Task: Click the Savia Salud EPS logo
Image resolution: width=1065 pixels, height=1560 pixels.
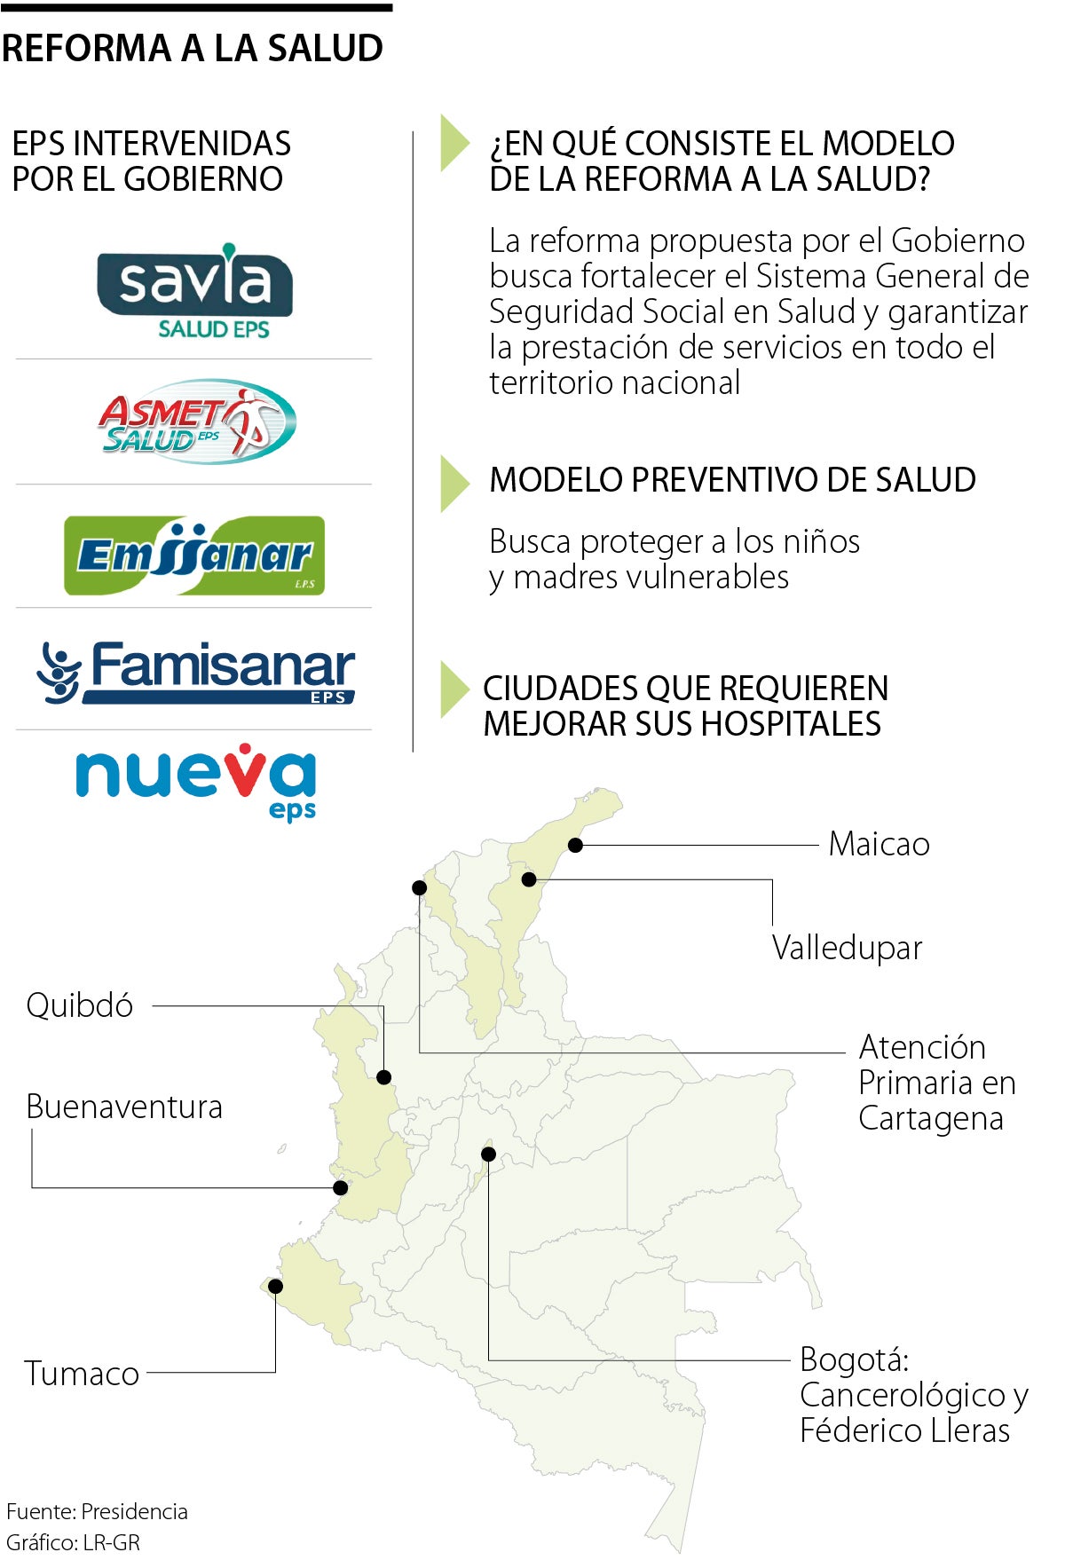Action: (x=195, y=290)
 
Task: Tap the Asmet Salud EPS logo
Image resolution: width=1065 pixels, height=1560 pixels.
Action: (x=196, y=422)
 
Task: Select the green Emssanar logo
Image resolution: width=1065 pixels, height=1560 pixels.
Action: (x=194, y=555)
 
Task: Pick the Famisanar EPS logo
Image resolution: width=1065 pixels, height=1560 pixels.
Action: (x=196, y=673)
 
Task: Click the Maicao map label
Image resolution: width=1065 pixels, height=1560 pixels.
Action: (x=879, y=844)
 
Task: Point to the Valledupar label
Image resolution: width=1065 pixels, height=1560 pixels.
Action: (x=847, y=948)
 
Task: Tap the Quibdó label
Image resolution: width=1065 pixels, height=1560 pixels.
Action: (x=80, y=1005)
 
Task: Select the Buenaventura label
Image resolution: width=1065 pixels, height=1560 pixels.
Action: (x=124, y=1107)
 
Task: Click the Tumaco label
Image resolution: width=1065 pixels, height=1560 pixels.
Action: (x=82, y=1374)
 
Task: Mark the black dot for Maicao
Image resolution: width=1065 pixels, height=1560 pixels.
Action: (x=575, y=845)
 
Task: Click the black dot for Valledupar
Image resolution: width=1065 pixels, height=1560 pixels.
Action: (x=529, y=879)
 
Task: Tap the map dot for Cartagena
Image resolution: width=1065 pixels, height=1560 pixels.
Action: (x=420, y=887)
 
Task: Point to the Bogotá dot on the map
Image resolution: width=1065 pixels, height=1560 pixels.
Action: (x=488, y=1154)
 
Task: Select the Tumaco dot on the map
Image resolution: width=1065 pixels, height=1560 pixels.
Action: (x=275, y=1286)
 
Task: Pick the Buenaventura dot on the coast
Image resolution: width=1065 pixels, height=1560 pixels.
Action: (x=340, y=1187)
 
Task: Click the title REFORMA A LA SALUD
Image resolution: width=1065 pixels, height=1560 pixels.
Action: (x=193, y=48)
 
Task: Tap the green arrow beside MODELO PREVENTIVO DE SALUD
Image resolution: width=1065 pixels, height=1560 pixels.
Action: (x=454, y=484)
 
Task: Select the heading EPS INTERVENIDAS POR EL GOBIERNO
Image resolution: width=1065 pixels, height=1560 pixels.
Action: (x=151, y=161)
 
